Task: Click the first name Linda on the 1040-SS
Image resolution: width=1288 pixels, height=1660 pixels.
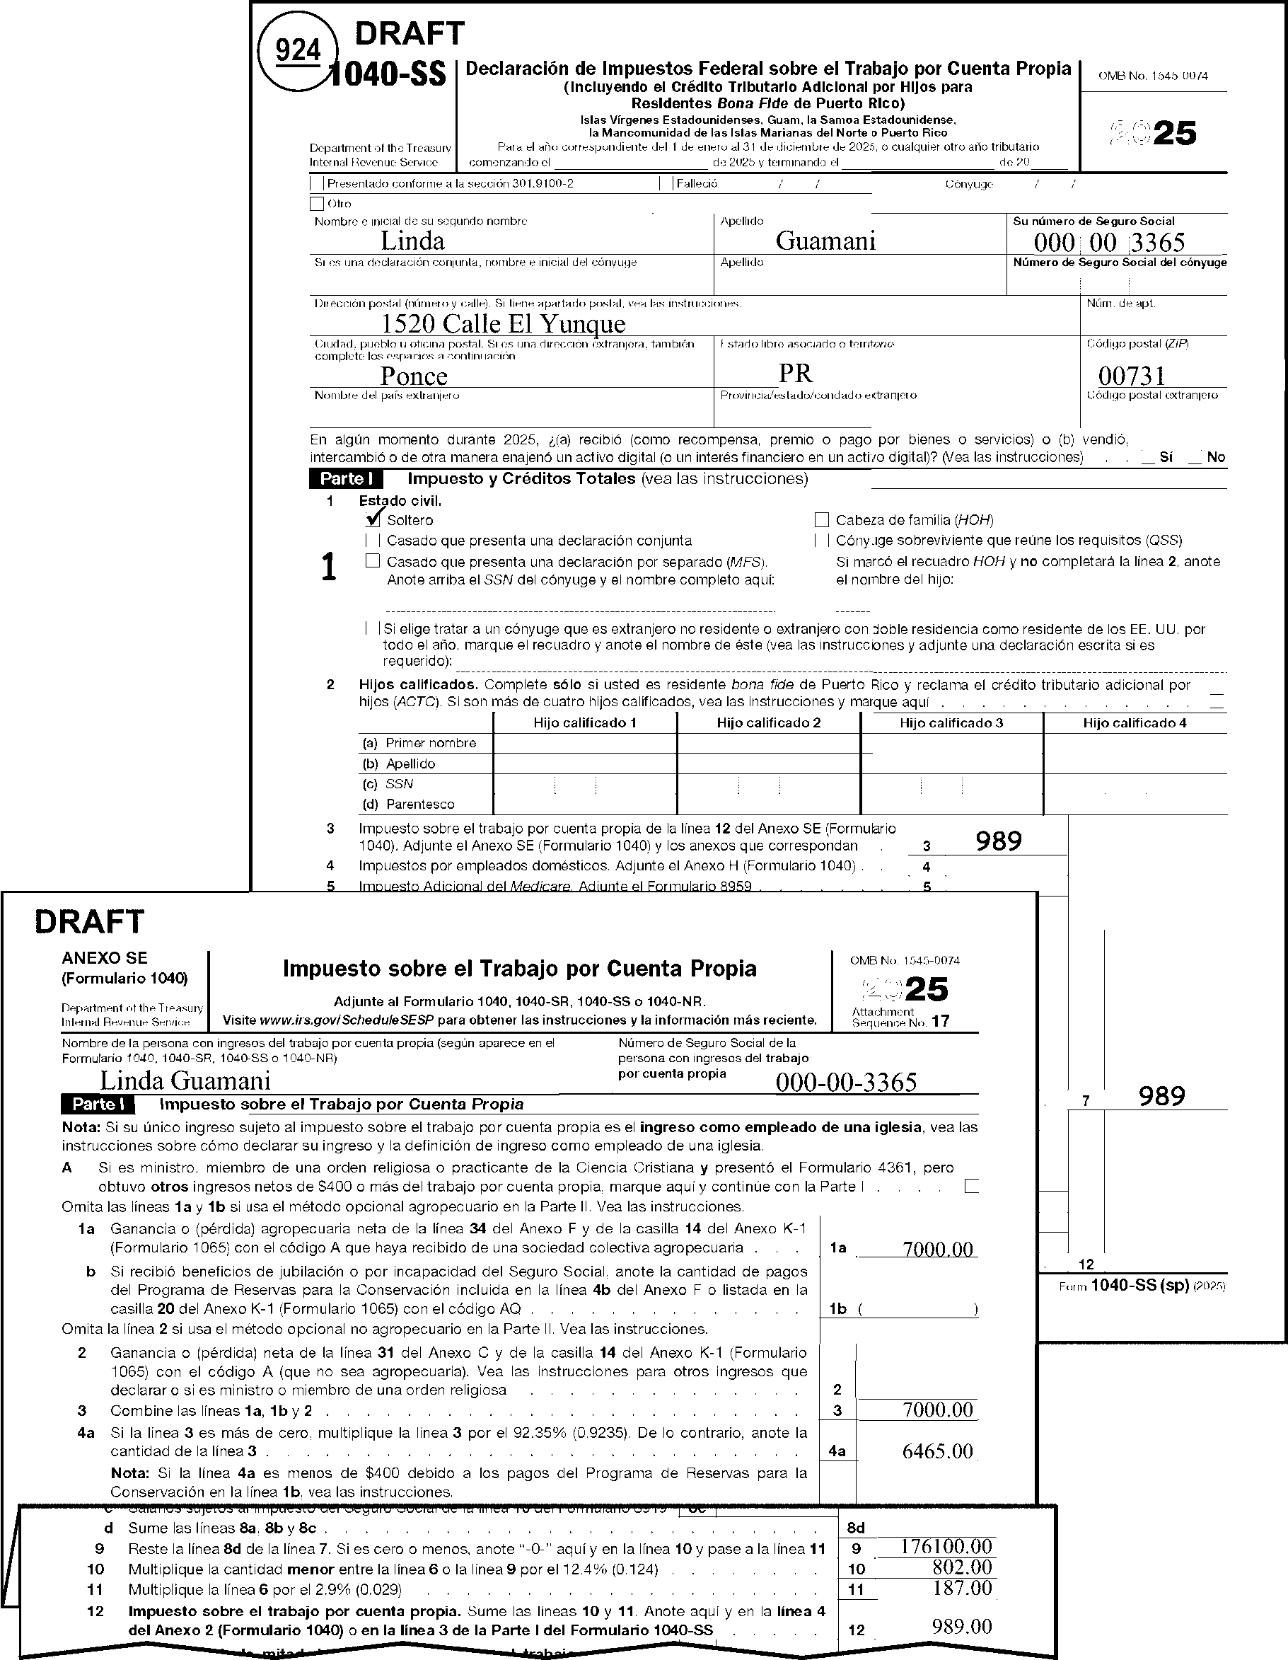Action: click(412, 241)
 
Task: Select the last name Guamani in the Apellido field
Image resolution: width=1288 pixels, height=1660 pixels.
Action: click(825, 241)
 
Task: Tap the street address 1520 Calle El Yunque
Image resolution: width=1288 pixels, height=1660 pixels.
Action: click(503, 324)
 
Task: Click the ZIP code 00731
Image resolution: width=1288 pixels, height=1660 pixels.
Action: click(1132, 376)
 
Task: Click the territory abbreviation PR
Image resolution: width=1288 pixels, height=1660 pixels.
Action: click(795, 373)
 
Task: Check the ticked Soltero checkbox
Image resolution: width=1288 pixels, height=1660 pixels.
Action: click(373, 520)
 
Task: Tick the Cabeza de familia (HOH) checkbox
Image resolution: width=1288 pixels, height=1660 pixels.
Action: click(820, 520)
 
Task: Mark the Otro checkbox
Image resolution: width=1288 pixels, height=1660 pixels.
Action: click(317, 204)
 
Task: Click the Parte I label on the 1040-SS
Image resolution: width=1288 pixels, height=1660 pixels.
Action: click(346, 479)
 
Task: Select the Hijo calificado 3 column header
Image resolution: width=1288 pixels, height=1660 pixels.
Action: click(951, 723)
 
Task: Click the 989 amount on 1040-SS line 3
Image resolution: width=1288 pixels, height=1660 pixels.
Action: click(999, 841)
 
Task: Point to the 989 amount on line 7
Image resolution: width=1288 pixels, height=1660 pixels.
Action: click(1162, 1096)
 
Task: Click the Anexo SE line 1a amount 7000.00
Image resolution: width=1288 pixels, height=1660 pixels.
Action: click(937, 1249)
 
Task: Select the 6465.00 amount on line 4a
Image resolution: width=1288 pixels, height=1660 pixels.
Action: click(937, 1451)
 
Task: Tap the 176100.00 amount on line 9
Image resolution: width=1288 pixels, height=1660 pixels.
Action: click(946, 1546)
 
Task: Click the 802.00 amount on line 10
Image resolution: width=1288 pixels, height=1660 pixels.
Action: click(962, 1567)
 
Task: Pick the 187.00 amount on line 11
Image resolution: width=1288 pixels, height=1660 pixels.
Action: click(962, 1587)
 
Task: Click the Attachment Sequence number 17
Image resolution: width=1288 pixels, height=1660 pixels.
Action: click(941, 1022)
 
